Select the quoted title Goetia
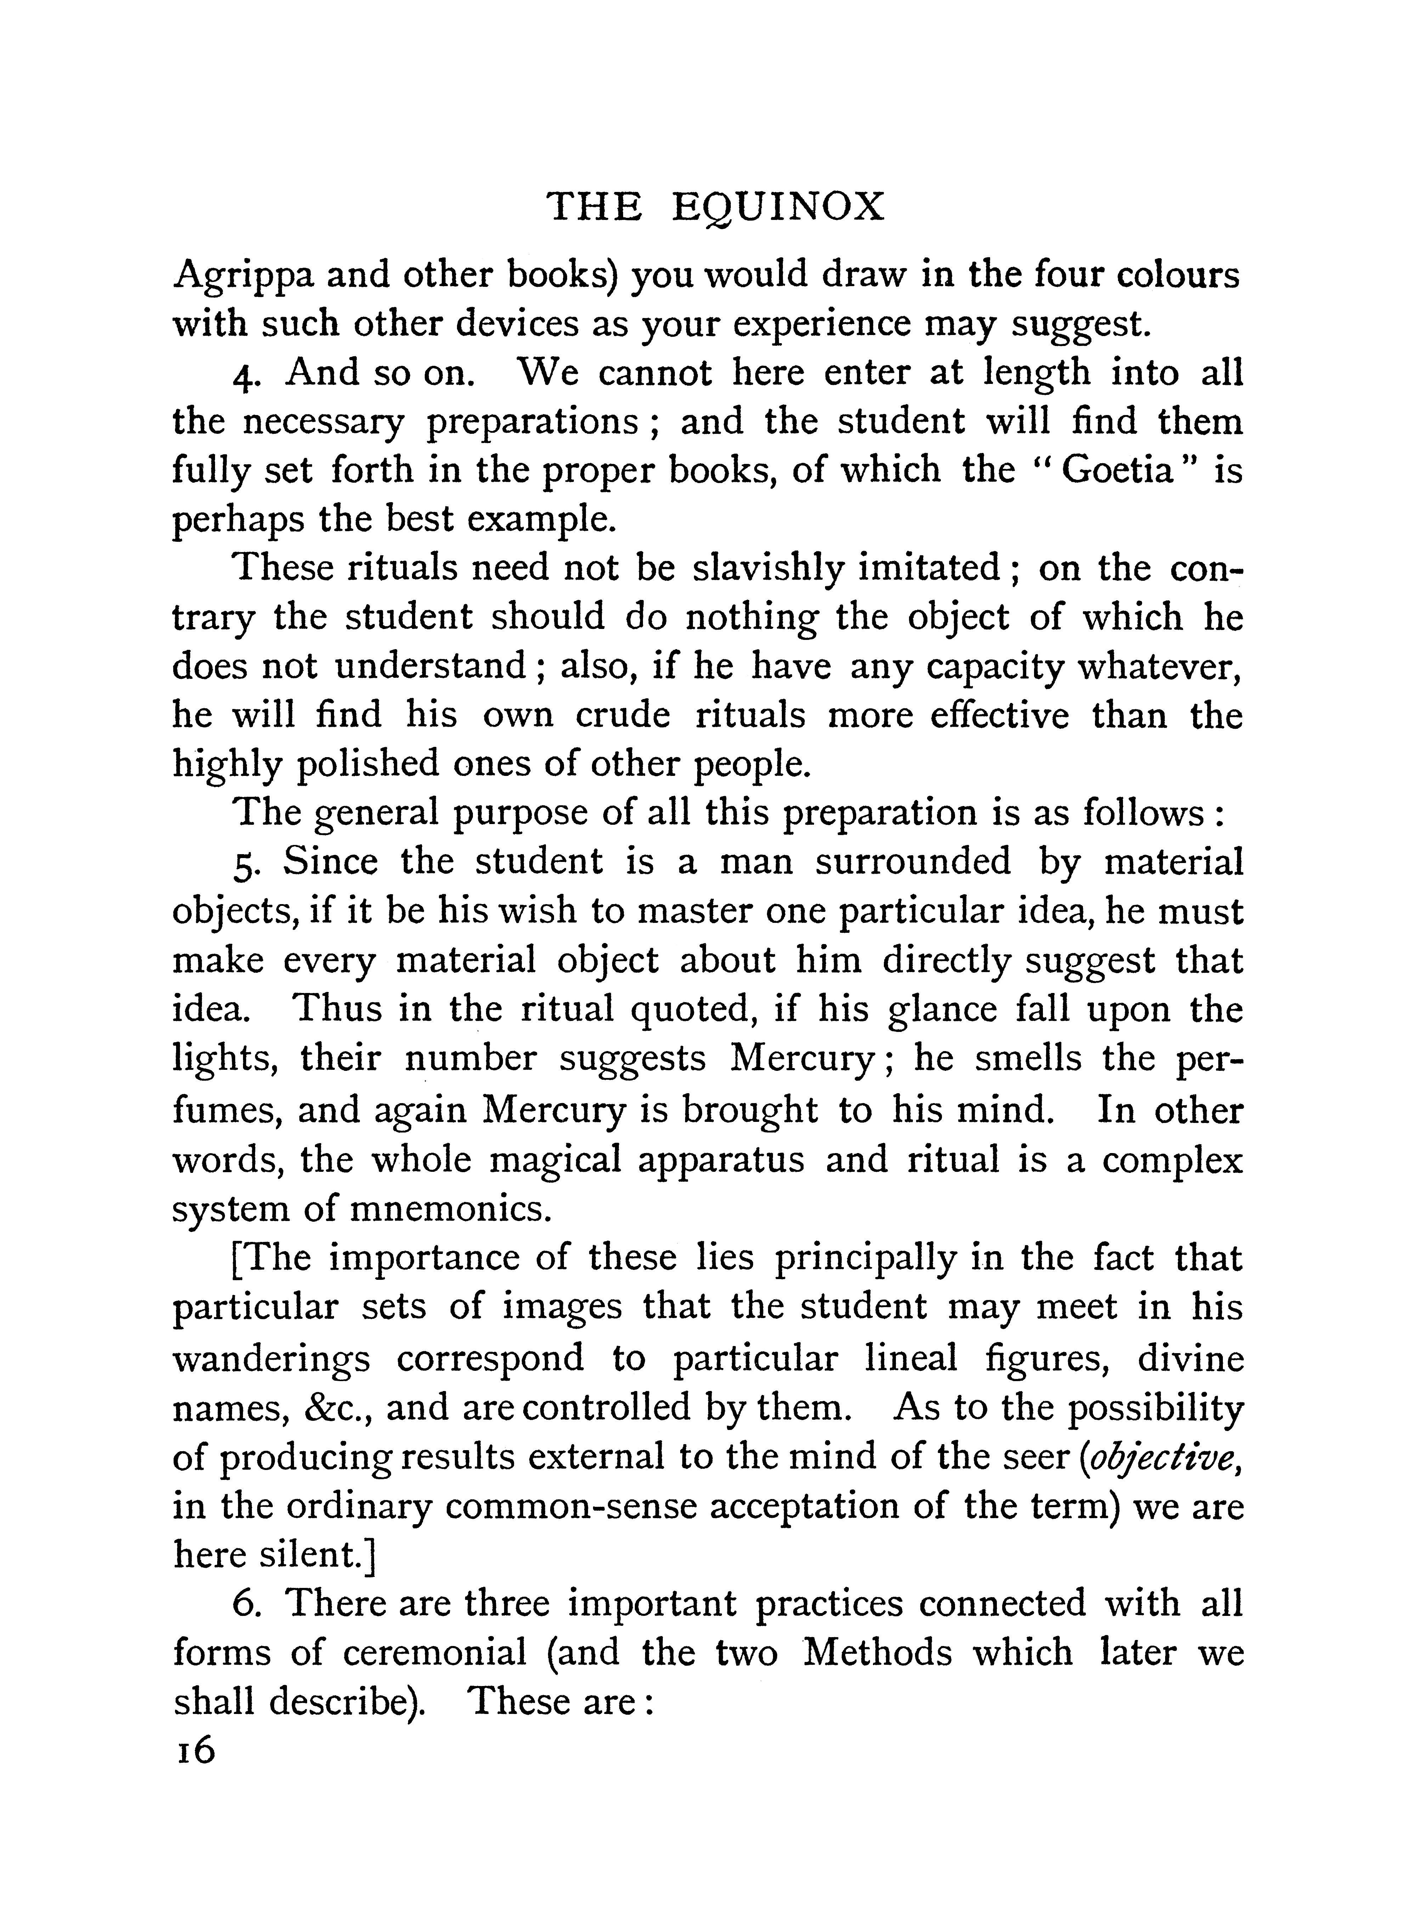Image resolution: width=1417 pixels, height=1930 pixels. coord(1117,472)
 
